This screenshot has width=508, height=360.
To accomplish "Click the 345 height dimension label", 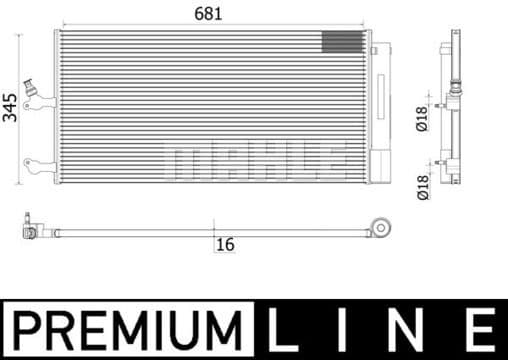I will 10,107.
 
